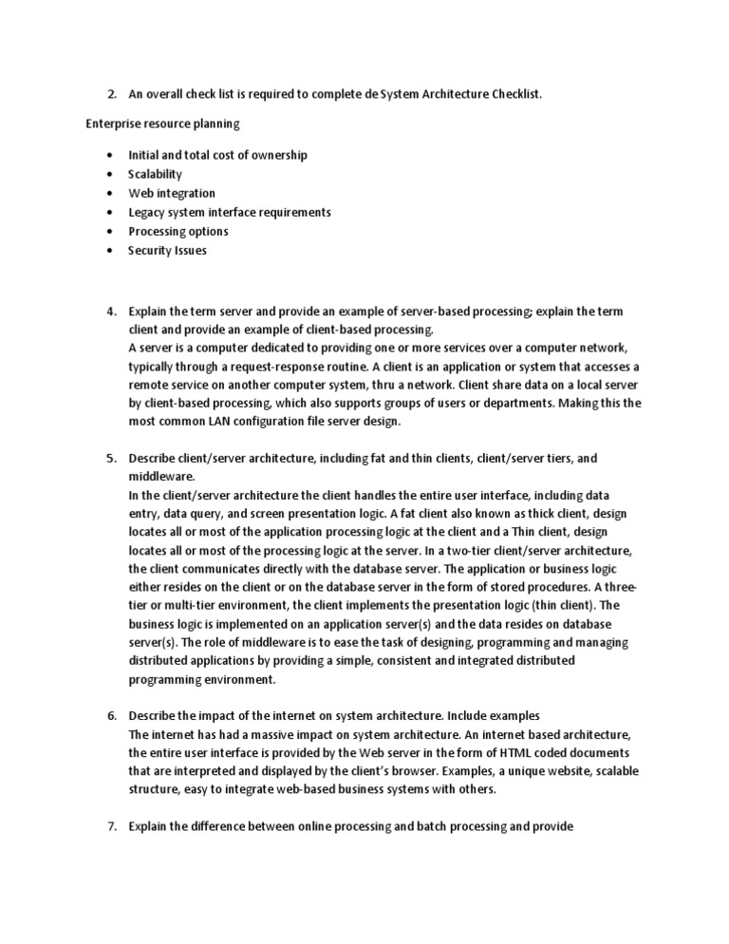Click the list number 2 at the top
pos(111,93)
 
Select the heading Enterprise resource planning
pos(162,123)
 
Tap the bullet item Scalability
pos(155,174)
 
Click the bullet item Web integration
pos(171,193)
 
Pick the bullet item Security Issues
pos(167,251)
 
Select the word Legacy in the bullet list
pos(146,212)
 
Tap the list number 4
pos(111,312)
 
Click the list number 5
pos(111,459)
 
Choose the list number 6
pos(111,715)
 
